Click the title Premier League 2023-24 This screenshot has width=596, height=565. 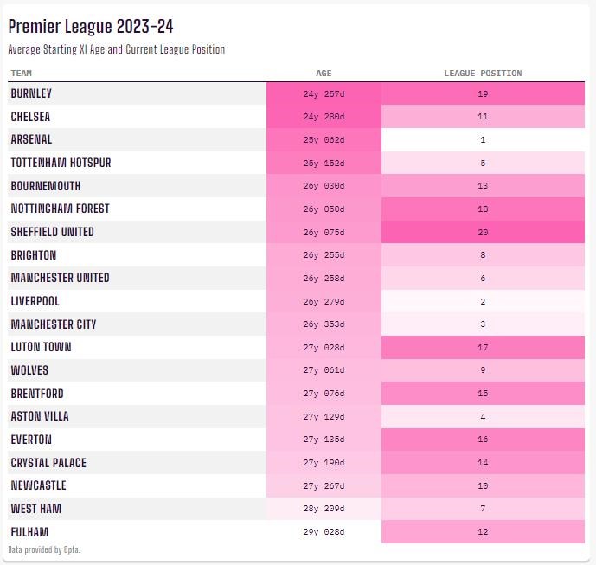coord(91,27)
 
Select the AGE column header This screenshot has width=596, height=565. coord(324,74)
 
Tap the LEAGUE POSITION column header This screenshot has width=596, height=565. coord(483,74)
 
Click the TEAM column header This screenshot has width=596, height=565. coord(22,74)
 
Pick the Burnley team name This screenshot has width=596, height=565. coord(31,93)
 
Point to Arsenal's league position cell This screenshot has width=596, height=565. coord(483,140)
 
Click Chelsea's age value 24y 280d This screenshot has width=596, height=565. coord(324,117)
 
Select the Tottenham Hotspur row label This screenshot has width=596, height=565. coord(61,163)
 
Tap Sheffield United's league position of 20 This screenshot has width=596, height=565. coord(483,232)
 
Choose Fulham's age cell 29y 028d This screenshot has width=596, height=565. coord(324,532)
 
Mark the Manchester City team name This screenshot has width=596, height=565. coord(54,324)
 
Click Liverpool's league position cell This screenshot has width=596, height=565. coord(483,302)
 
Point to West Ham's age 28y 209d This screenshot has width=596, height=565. coord(324,509)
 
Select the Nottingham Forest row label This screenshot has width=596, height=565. coord(60,209)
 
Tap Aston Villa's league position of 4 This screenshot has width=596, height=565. coord(483,417)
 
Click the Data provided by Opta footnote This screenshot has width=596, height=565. coord(44,550)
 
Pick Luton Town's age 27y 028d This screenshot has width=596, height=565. coord(324,348)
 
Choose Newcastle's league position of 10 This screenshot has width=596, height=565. coord(483,486)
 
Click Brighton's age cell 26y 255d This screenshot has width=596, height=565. coord(324,255)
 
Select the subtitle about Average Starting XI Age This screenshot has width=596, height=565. coord(116,50)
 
